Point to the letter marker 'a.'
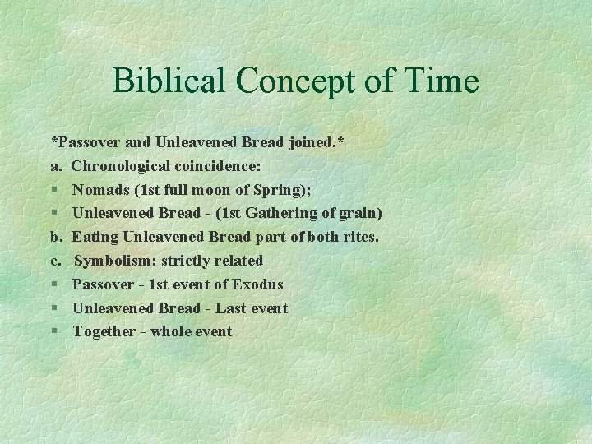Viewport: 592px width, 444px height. click(x=56, y=166)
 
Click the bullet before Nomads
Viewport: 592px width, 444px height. click(x=54, y=190)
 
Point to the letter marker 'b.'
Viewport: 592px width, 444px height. click(x=57, y=237)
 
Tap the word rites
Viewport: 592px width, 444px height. click(x=362, y=237)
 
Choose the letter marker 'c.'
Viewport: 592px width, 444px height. click(x=56, y=261)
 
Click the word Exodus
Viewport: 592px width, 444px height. click(x=257, y=284)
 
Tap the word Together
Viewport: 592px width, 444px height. click(x=104, y=331)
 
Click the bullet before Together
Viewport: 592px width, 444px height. click(x=54, y=331)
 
